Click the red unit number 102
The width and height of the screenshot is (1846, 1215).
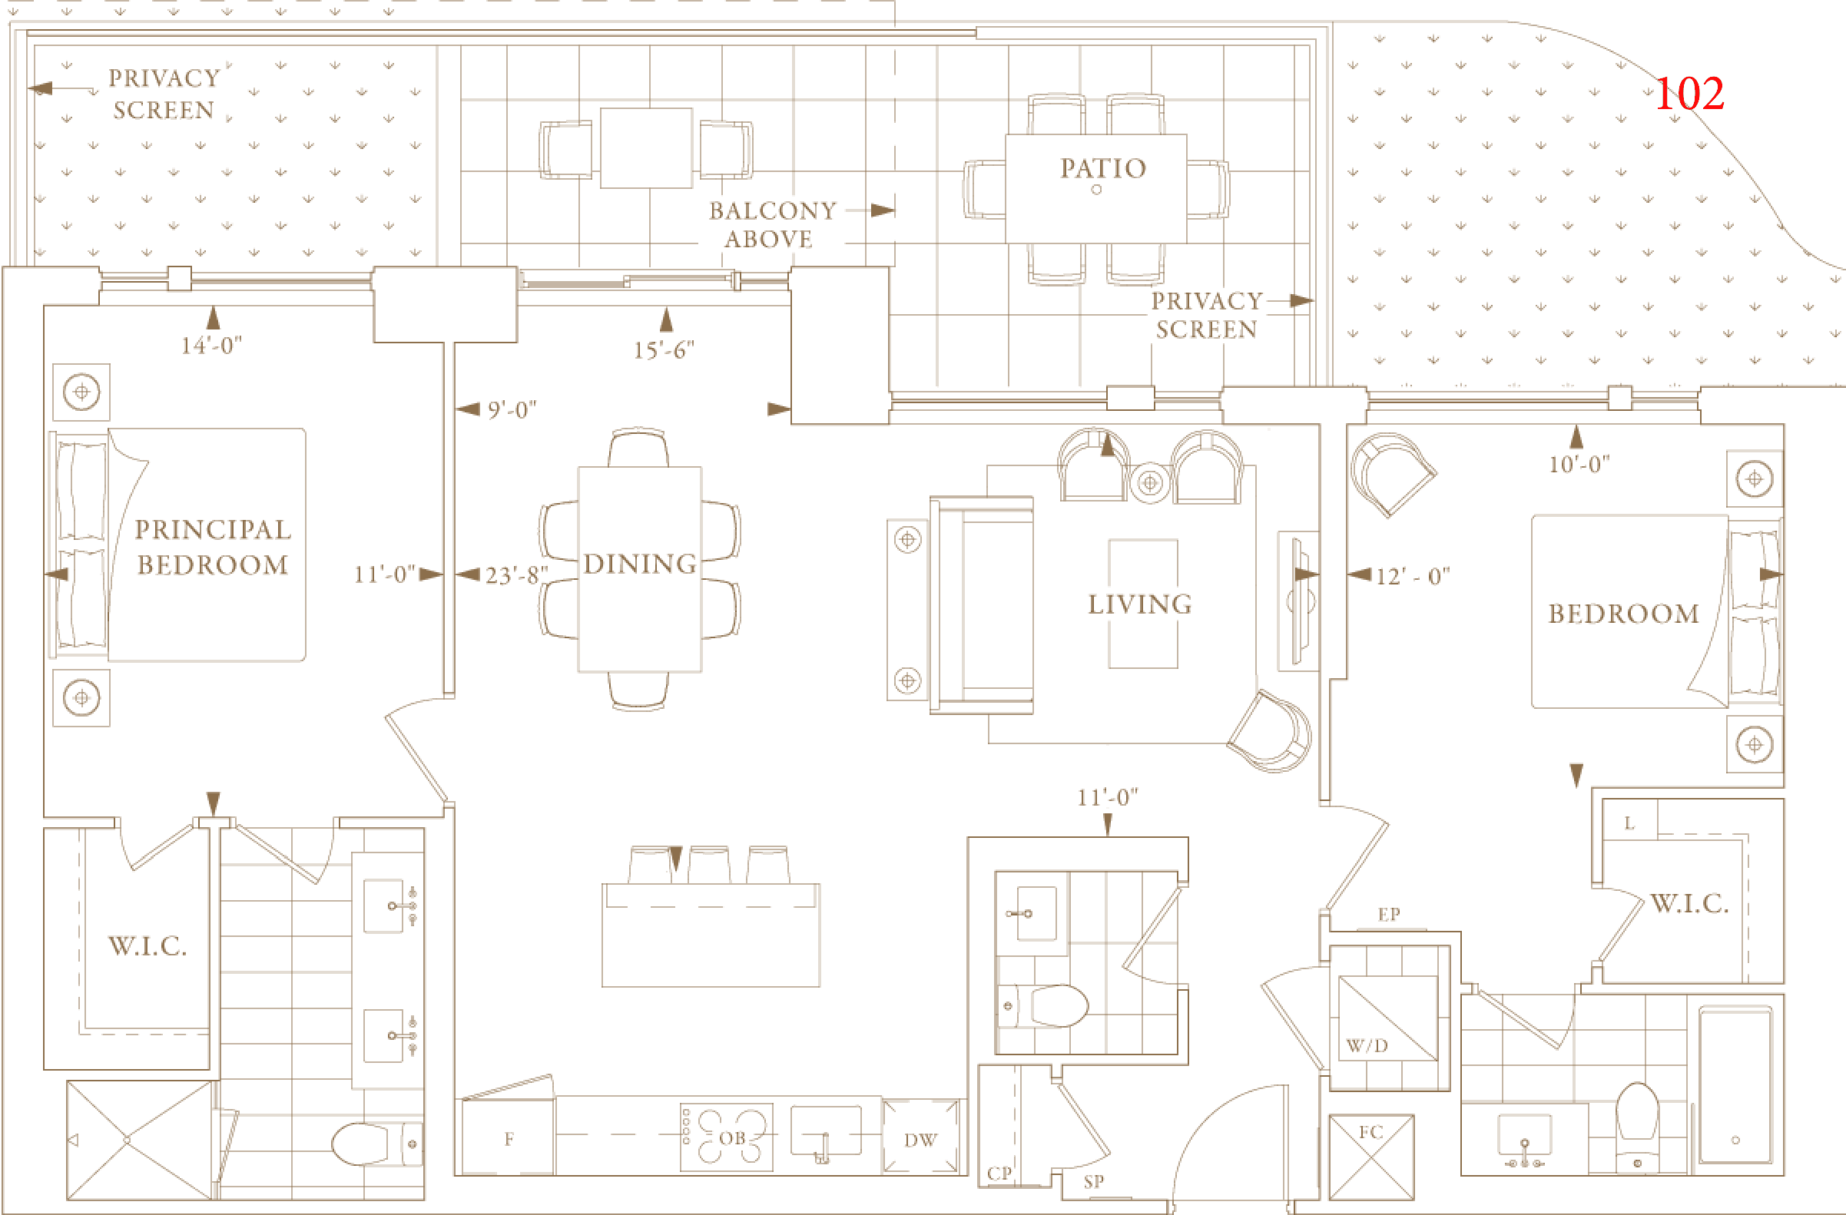pos(1689,94)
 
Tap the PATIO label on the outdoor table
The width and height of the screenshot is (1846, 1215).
pos(1102,168)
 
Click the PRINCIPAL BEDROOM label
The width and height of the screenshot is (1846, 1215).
pos(213,547)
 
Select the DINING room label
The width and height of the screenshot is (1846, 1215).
pos(640,564)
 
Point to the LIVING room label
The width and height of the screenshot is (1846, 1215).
pos(1140,604)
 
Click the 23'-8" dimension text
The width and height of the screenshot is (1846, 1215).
pos(516,575)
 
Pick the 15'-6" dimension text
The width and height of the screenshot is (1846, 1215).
pos(663,350)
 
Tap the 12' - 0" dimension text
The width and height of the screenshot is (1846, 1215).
pos(1413,576)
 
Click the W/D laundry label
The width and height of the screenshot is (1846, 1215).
pos(1367,1046)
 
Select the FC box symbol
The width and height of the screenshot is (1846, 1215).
pos(1371,1156)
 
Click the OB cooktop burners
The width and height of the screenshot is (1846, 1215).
pos(731,1137)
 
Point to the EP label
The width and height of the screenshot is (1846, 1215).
pos(1388,914)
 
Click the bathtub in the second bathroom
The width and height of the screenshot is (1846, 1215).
pos(1735,1084)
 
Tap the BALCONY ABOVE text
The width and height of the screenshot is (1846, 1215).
pos(772,225)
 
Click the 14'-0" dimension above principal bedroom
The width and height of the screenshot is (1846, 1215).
pos(211,346)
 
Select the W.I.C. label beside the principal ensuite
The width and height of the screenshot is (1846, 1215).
pos(147,946)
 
